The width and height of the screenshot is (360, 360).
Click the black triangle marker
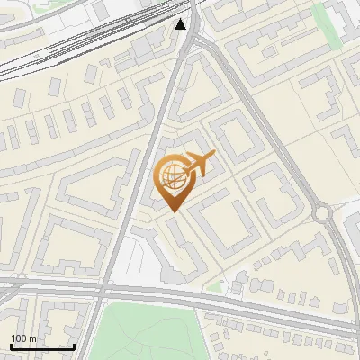click(x=182, y=23)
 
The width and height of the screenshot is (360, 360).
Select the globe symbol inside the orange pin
click(x=172, y=176)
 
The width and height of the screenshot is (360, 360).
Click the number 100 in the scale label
click(x=20, y=338)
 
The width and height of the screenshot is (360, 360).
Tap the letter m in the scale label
click(x=33, y=338)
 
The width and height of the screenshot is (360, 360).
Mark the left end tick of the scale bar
click(x=11, y=346)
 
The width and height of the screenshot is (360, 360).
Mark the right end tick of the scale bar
click(x=74, y=346)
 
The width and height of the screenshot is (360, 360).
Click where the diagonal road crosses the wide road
click(x=101, y=292)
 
